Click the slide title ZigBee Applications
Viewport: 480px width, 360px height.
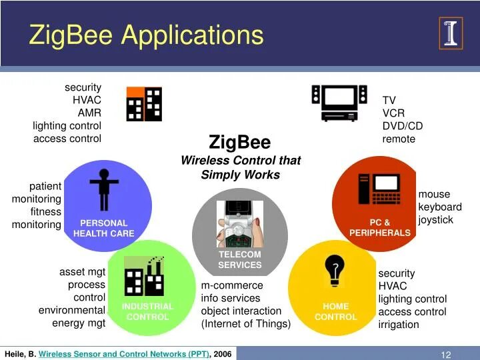point(146,35)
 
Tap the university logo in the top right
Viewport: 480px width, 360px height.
point(451,33)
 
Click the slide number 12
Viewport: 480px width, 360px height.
point(446,355)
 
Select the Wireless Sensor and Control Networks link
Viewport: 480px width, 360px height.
point(123,354)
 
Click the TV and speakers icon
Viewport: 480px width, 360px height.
point(339,102)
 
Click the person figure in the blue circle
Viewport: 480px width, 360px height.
point(103,189)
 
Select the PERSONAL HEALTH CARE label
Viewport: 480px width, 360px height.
point(103,228)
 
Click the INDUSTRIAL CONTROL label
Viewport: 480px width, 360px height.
point(147,311)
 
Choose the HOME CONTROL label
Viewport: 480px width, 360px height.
point(336,311)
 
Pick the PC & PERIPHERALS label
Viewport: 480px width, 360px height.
point(379,227)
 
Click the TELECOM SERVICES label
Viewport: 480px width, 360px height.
point(239,260)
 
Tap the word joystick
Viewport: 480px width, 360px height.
point(435,219)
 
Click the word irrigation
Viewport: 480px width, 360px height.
point(399,325)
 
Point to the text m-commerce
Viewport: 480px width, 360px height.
point(232,285)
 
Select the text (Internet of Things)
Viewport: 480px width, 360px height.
point(246,324)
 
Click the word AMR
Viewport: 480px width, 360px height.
point(89,113)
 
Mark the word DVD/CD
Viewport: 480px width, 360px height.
point(402,126)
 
